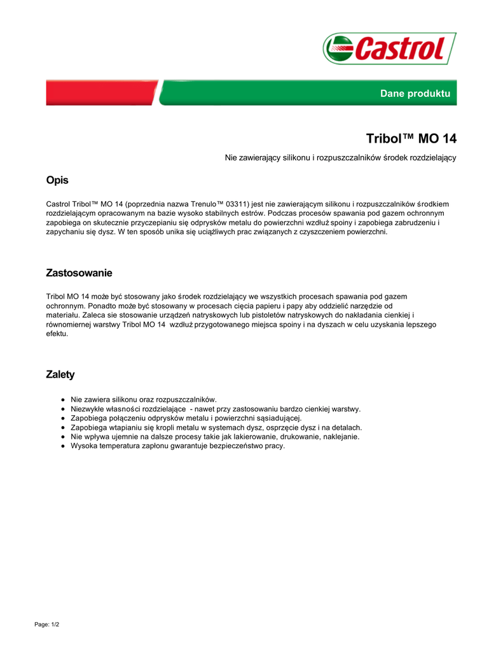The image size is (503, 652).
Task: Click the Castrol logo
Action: point(389,48)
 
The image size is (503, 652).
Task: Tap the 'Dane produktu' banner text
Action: point(415,94)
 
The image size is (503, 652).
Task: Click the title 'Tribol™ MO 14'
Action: point(411,138)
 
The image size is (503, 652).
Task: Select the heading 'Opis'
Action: point(57,180)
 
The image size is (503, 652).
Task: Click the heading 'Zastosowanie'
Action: point(79,273)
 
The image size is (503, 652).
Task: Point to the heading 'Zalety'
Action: point(60,375)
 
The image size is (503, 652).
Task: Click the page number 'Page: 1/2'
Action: point(46,625)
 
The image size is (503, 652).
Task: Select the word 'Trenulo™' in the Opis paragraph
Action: point(193,204)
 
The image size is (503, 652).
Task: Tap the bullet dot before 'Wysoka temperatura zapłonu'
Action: point(64,446)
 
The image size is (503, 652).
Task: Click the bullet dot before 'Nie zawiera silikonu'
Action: point(64,400)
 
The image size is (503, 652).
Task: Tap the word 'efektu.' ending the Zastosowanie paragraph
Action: point(57,334)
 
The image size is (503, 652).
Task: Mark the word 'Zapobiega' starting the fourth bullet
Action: point(88,427)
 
